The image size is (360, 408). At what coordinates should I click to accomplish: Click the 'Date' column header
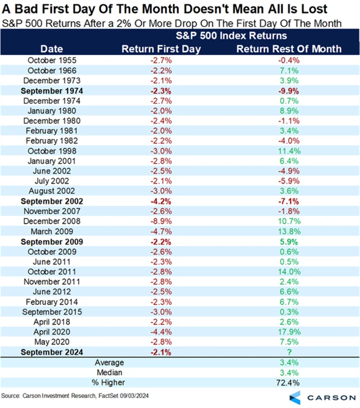[52, 48]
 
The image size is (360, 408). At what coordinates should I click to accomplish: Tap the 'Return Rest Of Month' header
[289, 48]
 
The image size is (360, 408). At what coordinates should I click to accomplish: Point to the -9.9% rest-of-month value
[289, 90]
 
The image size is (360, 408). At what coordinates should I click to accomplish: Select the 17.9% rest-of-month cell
[289, 333]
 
